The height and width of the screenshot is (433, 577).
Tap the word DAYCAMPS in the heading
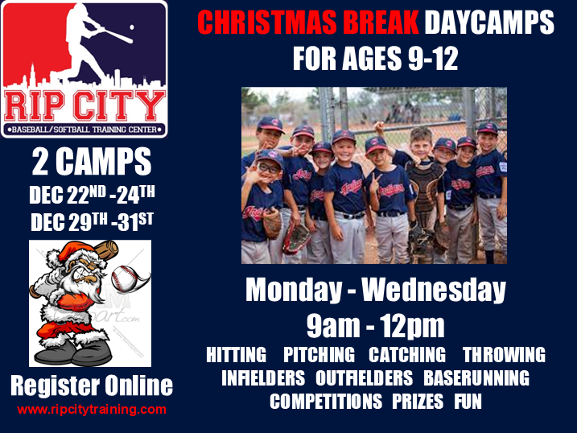coord(490,23)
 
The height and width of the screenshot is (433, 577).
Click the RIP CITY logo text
coord(84,105)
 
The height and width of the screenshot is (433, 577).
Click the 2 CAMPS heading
coord(91,163)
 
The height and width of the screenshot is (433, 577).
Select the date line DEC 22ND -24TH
coord(91,196)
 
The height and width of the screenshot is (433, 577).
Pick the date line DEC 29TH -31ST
coord(91,221)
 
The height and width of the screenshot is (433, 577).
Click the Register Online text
coord(91,386)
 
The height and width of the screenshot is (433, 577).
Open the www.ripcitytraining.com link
coord(91,409)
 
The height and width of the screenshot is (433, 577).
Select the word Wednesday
coord(434,291)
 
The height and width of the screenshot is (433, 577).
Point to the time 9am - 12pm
coord(376,325)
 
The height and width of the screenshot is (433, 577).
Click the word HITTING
coord(237,355)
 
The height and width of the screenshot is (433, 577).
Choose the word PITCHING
coord(319,355)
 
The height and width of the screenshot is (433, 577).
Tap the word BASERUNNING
coord(476,377)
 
